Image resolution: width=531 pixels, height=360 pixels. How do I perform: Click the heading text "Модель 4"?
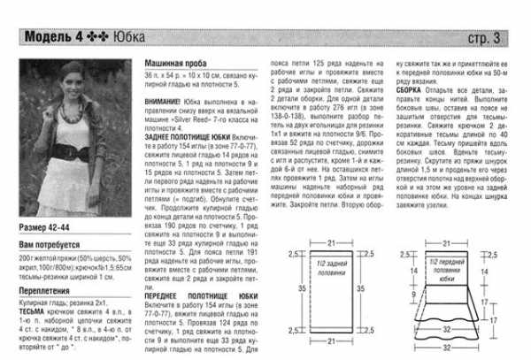coord(53,38)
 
